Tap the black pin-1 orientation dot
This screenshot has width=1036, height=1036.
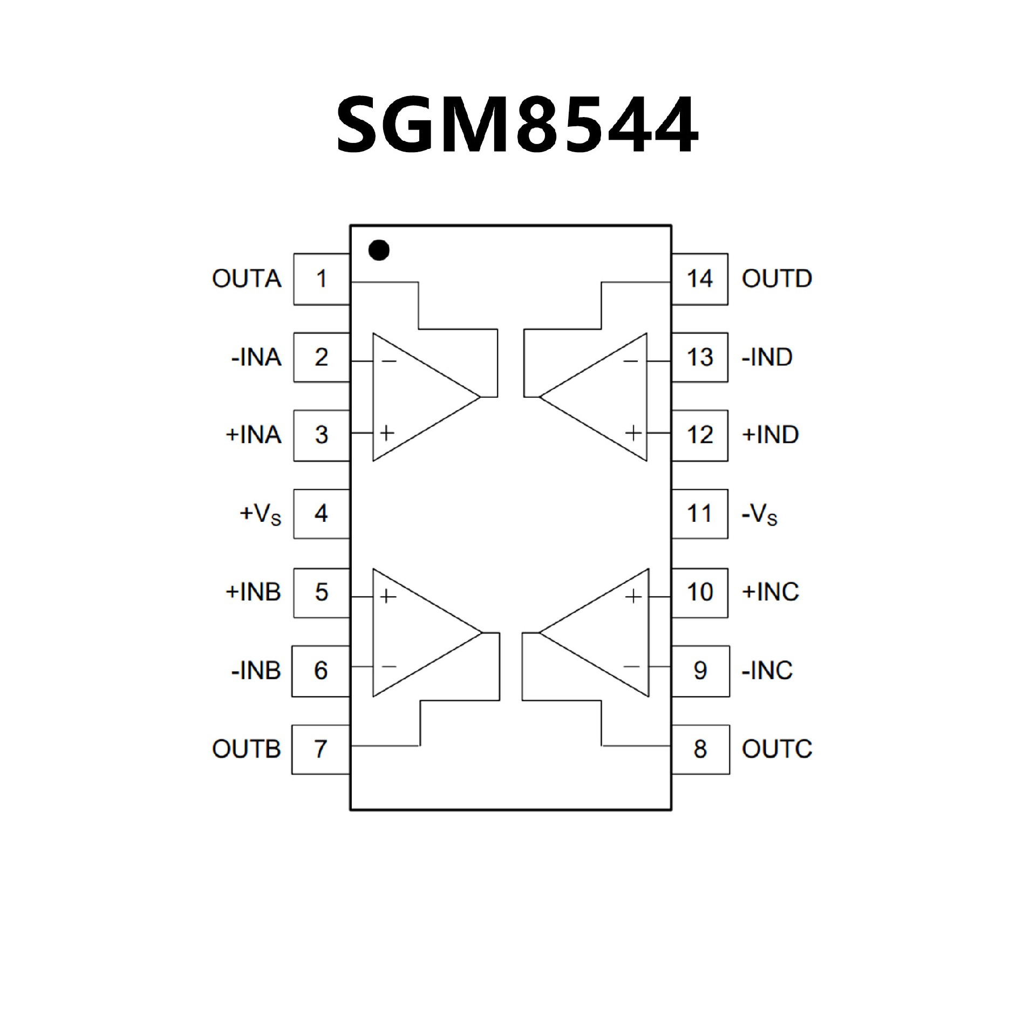pos(379,250)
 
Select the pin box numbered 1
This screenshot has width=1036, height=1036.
pos(322,279)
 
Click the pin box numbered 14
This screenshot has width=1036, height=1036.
pos(700,279)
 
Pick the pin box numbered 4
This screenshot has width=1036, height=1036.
pos(322,513)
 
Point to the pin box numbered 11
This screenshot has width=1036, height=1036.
pos(700,513)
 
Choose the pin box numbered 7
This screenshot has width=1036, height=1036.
pos(321,749)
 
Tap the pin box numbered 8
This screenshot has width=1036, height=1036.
pos(700,749)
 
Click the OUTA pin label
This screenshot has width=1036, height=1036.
pos(247,279)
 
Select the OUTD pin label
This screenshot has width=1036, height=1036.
pos(776,279)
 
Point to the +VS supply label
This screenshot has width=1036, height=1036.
pos(261,514)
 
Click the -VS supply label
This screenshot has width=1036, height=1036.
pos(760,514)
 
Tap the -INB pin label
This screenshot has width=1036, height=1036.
pos(256,670)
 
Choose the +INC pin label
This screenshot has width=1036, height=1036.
pos(771,592)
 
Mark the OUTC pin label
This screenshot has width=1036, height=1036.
pos(776,749)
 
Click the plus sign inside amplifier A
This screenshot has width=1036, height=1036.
pos(387,432)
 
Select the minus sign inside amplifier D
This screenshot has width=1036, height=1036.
pos(631,361)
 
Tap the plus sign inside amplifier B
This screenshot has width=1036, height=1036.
pos(387,596)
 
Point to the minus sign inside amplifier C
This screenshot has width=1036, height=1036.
pos(631,667)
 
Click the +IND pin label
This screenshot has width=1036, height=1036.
pos(771,435)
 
